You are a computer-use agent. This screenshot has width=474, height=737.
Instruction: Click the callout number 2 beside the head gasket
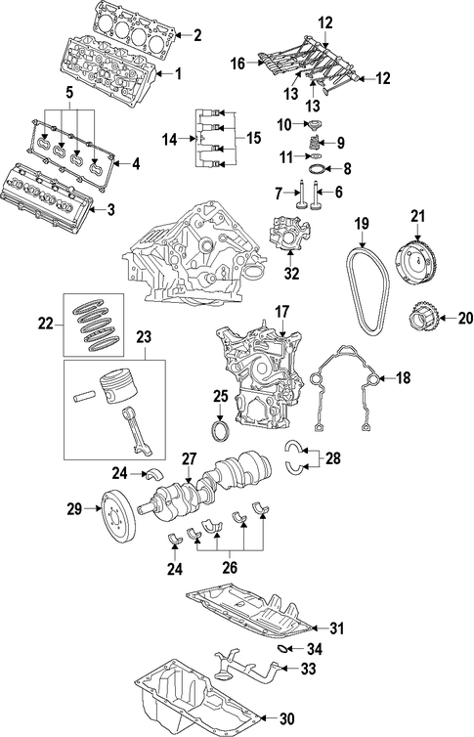(x=197, y=35)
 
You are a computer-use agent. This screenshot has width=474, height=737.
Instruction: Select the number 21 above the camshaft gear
(x=417, y=216)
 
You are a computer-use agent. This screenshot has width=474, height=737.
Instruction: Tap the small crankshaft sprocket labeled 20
(x=423, y=321)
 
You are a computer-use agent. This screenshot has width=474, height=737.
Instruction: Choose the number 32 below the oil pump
(x=291, y=274)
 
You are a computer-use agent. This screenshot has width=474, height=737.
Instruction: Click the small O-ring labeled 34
(x=282, y=649)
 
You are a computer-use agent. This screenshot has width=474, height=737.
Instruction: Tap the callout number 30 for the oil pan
(x=286, y=718)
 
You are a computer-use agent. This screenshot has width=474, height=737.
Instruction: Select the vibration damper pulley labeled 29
(x=119, y=516)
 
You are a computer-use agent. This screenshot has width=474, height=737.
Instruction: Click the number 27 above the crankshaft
(x=189, y=458)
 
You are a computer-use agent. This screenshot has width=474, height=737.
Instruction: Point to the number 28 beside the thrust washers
(x=332, y=457)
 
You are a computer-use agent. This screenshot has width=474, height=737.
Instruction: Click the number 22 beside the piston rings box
(x=46, y=324)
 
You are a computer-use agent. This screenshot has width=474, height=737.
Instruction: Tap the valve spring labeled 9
(x=316, y=142)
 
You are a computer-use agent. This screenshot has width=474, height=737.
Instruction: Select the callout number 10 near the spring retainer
(x=284, y=124)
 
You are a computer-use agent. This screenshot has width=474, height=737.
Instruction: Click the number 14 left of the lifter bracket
(x=170, y=139)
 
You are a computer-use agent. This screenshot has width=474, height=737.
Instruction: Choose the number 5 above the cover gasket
(x=69, y=92)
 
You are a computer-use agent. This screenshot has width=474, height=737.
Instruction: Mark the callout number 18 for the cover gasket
(x=403, y=377)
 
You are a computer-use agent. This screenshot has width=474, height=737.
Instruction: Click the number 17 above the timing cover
(x=281, y=312)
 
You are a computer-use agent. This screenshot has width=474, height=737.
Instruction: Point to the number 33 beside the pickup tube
(x=308, y=669)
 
